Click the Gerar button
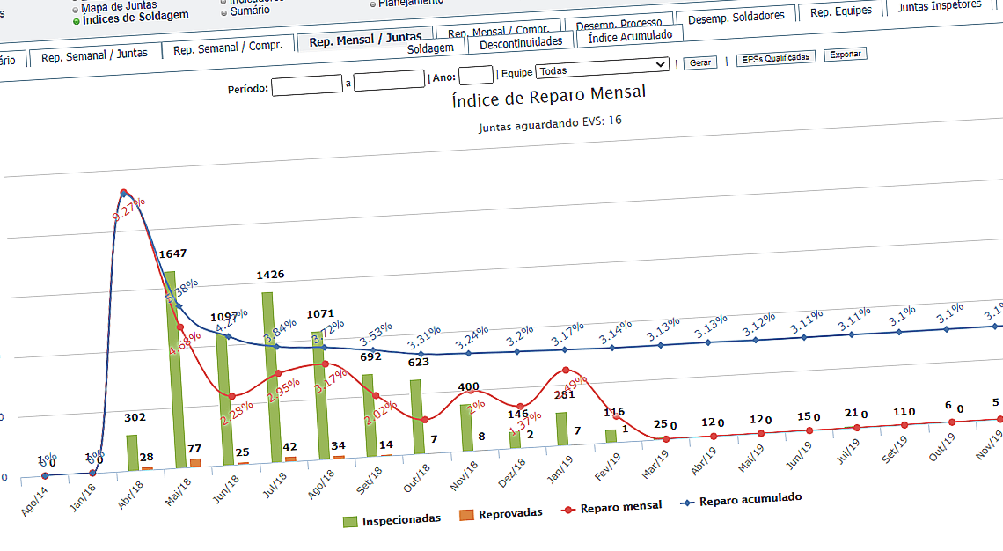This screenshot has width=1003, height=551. [700, 62]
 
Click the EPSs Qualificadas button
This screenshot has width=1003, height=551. [776, 57]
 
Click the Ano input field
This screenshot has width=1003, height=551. [476, 75]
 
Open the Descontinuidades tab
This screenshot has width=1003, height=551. [520, 42]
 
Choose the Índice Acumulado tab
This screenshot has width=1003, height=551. [629, 36]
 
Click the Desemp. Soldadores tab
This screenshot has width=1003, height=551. [736, 17]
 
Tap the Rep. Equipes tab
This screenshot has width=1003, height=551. [840, 11]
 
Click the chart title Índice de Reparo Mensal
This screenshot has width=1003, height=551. [548, 94]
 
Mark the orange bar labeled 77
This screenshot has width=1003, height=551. [195, 462]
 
